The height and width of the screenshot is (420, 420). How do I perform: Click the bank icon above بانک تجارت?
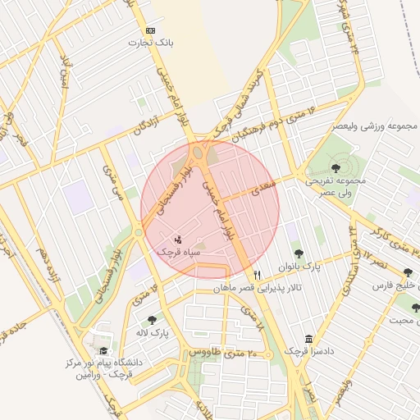click(149, 30)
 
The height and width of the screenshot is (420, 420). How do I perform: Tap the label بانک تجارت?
click(149, 42)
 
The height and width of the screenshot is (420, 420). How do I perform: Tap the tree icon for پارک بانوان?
click(298, 253)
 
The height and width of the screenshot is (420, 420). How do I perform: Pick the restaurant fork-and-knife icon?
click(258, 276)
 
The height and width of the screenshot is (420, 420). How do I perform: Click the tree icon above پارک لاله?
click(151, 320)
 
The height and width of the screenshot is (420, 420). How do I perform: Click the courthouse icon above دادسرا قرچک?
click(308, 339)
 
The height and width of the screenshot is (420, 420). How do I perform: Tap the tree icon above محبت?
click(415, 308)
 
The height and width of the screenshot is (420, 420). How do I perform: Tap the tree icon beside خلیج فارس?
click(409, 274)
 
